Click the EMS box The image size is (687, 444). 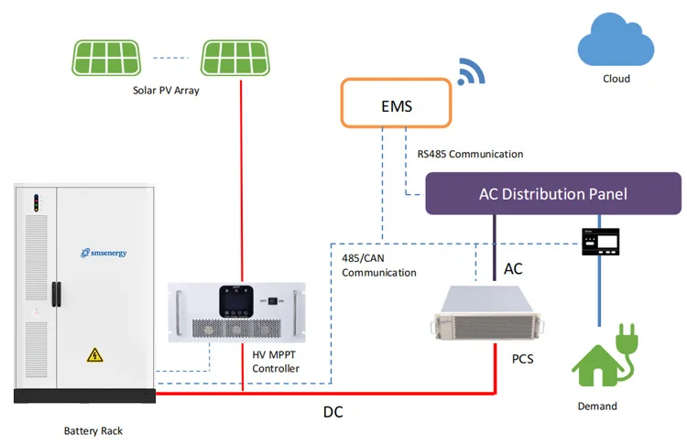[396, 103]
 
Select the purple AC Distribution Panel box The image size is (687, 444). [553, 194]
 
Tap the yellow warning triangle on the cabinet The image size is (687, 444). [93, 354]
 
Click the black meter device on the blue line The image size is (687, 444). [600, 241]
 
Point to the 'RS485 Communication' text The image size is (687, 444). [470, 154]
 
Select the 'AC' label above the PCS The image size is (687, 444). [515, 269]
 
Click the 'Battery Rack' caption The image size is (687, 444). [93, 430]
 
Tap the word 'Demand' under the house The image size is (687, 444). [596, 406]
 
